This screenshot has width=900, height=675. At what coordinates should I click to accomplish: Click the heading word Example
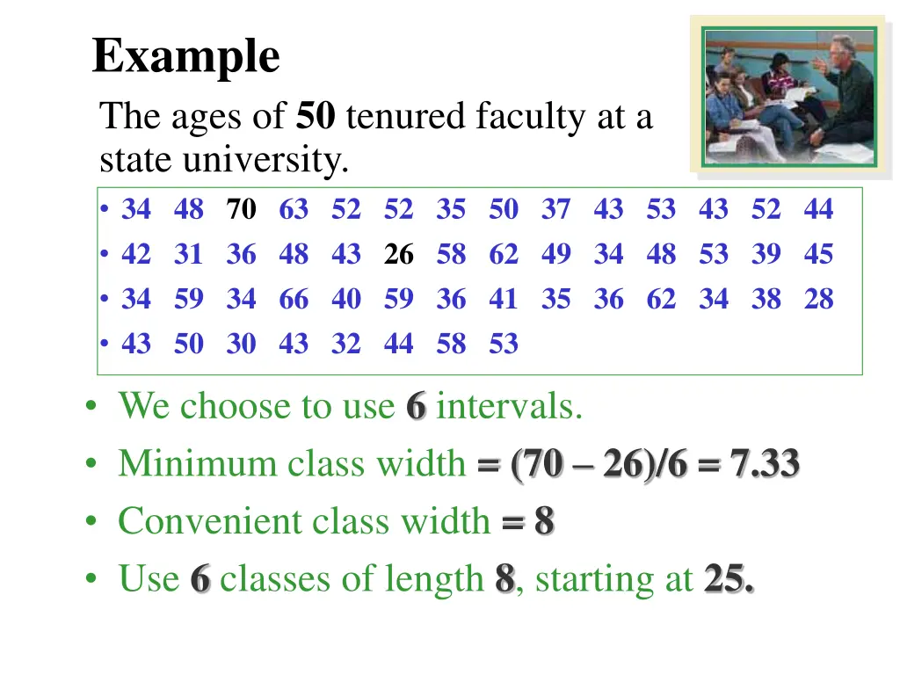186,57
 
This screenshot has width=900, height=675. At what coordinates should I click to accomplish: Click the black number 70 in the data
241,210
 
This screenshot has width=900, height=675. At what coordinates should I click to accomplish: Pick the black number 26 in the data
398,255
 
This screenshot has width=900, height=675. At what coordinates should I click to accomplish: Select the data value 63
294,210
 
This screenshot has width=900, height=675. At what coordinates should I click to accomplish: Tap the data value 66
294,300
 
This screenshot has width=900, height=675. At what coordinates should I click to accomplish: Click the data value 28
818,300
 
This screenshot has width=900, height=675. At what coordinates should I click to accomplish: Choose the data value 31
188,255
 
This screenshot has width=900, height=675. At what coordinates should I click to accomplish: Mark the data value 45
818,255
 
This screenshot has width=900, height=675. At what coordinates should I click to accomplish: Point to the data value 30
241,344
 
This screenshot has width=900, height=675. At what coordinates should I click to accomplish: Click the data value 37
555,210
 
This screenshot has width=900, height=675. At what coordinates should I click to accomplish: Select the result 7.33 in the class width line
764,463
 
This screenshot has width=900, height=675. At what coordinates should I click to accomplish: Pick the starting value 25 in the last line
727,579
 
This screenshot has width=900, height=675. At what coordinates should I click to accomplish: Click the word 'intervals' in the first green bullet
508,406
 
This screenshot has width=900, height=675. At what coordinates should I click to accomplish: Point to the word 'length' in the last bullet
439,579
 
